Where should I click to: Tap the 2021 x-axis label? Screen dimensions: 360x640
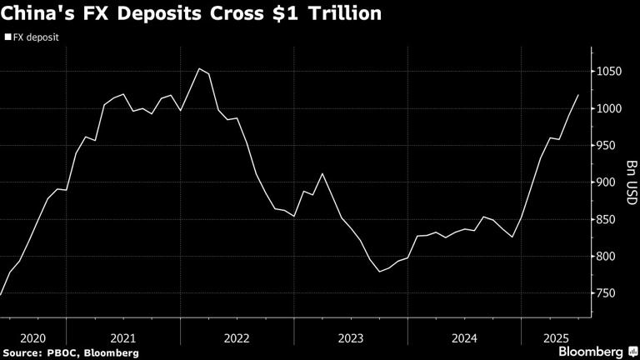[122, 338]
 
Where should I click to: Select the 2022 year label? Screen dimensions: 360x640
[237, 338]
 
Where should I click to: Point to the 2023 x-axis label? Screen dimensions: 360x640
[350, 338]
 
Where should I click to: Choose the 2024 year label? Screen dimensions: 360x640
[463, 338]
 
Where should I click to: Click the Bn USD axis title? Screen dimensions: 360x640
[631, 182]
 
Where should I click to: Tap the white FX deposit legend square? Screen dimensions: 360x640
[7, 37]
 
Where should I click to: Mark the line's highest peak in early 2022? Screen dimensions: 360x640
[198, 68]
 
